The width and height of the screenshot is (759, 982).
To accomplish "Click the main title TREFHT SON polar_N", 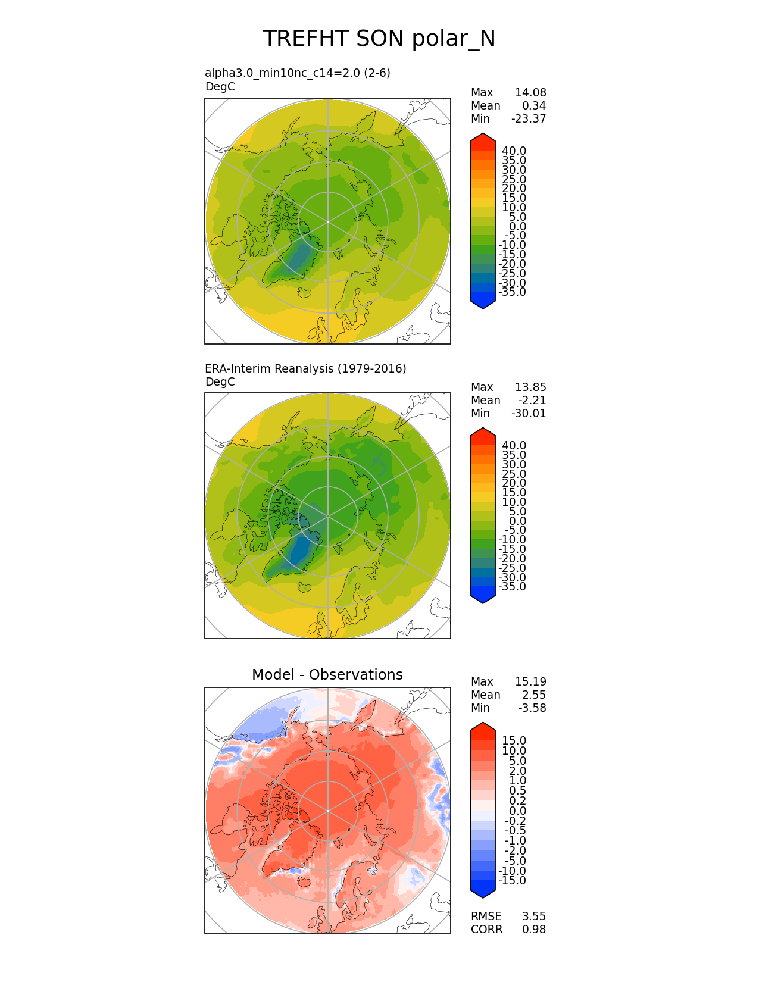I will (379, 39).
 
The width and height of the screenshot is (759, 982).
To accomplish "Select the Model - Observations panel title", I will (327, 674).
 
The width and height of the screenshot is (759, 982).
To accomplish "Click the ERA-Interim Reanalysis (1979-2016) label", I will (305, 368).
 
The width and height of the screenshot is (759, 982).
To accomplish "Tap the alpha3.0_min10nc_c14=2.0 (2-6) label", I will (298, 73).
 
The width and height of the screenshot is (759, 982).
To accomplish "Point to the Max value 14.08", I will (530, 92).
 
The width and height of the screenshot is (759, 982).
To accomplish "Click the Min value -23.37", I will (529, 118).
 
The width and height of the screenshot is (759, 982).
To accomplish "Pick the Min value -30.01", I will (529, 413).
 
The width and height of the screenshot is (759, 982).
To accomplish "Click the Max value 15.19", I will (530, 681).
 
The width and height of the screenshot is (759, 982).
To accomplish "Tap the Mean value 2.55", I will (534, 695).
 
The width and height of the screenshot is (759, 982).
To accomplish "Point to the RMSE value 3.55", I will (534, 916).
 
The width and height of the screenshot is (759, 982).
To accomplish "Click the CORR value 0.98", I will (534, 929).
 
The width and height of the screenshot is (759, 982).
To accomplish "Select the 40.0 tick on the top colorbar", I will (514, 151).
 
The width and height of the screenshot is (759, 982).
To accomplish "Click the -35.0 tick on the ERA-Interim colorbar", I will (513, 587).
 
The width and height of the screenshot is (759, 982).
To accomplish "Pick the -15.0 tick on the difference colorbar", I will (513, 881).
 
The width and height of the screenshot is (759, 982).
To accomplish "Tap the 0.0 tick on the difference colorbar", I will (517, 811).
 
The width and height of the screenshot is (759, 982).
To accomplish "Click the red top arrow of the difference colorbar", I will (483, 728).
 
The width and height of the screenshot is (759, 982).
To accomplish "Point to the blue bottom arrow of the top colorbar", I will (483, 303).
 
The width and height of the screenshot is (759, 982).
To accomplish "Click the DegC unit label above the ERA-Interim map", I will (220, 381).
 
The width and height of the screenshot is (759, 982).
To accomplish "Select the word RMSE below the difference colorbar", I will (486, 916).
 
